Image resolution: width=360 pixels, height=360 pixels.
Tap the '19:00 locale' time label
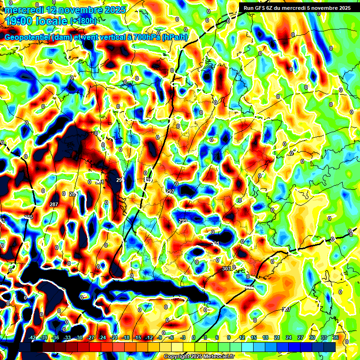pos(37,21)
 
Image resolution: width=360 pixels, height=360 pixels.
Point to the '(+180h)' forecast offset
pos(84,21)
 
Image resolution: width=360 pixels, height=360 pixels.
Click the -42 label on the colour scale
pos(32,338)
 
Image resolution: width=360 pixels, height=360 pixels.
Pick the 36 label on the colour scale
pos(336,338)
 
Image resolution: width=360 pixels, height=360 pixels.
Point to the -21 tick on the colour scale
pos(114,338)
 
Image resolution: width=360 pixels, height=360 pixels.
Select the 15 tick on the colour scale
pos(254,338)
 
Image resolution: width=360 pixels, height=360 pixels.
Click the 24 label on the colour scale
pos(289,338)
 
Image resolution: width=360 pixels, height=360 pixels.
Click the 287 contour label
pos(54,204)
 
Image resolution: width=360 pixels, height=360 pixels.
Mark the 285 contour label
pos(29,217)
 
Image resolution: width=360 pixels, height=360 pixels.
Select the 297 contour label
pos(170,192)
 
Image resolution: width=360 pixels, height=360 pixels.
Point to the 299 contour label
pos(183,221)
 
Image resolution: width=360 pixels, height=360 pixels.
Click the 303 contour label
pos(226,269)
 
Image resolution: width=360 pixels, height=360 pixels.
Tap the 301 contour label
pos(215,244)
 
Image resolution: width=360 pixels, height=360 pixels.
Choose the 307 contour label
pos(286,309)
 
